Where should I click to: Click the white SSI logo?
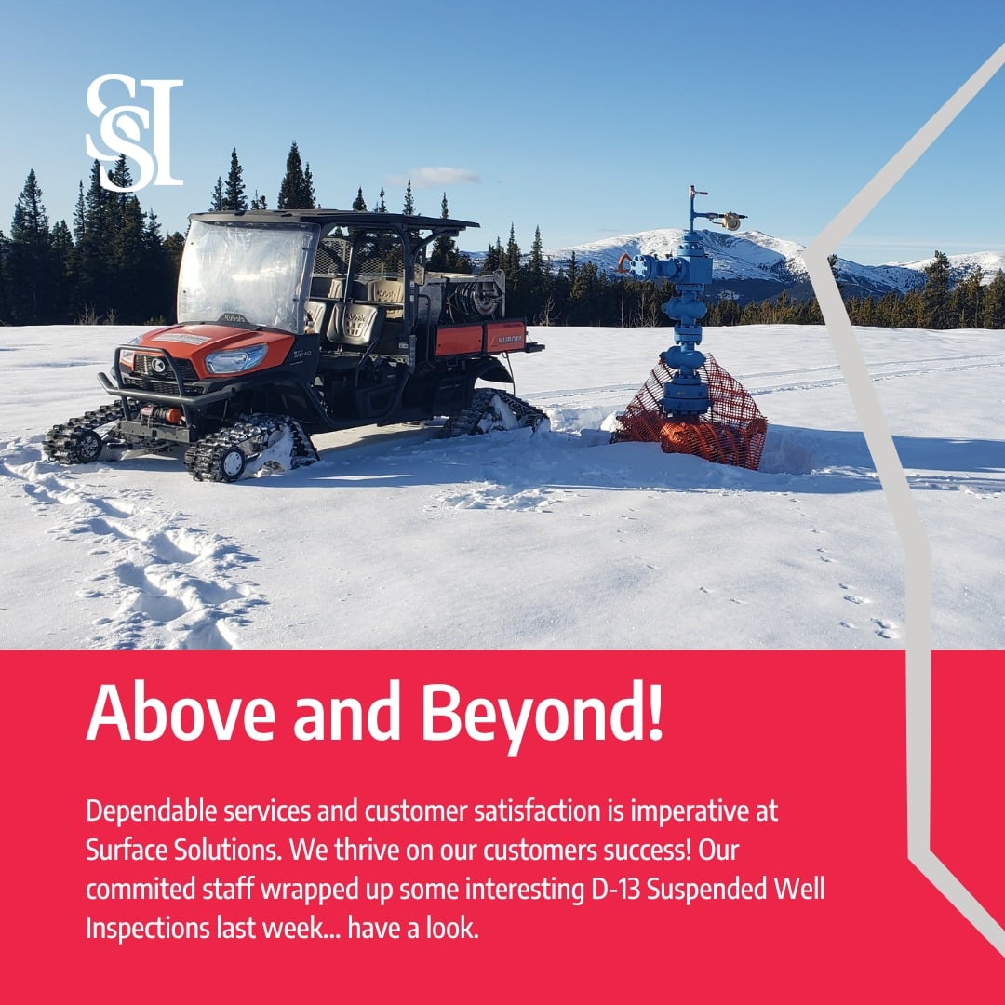(x=134, y=134)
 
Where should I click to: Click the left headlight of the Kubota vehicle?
(x=234, y=358)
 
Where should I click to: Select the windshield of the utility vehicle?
(x=244, y=274)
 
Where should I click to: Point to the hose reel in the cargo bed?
(x=482, y=299)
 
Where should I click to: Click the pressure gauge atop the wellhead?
(x=731, y=221)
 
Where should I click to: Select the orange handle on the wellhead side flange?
(x=624, y=263)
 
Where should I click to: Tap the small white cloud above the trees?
(x=441, y=176)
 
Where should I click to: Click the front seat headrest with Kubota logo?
(x=357, y=324)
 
